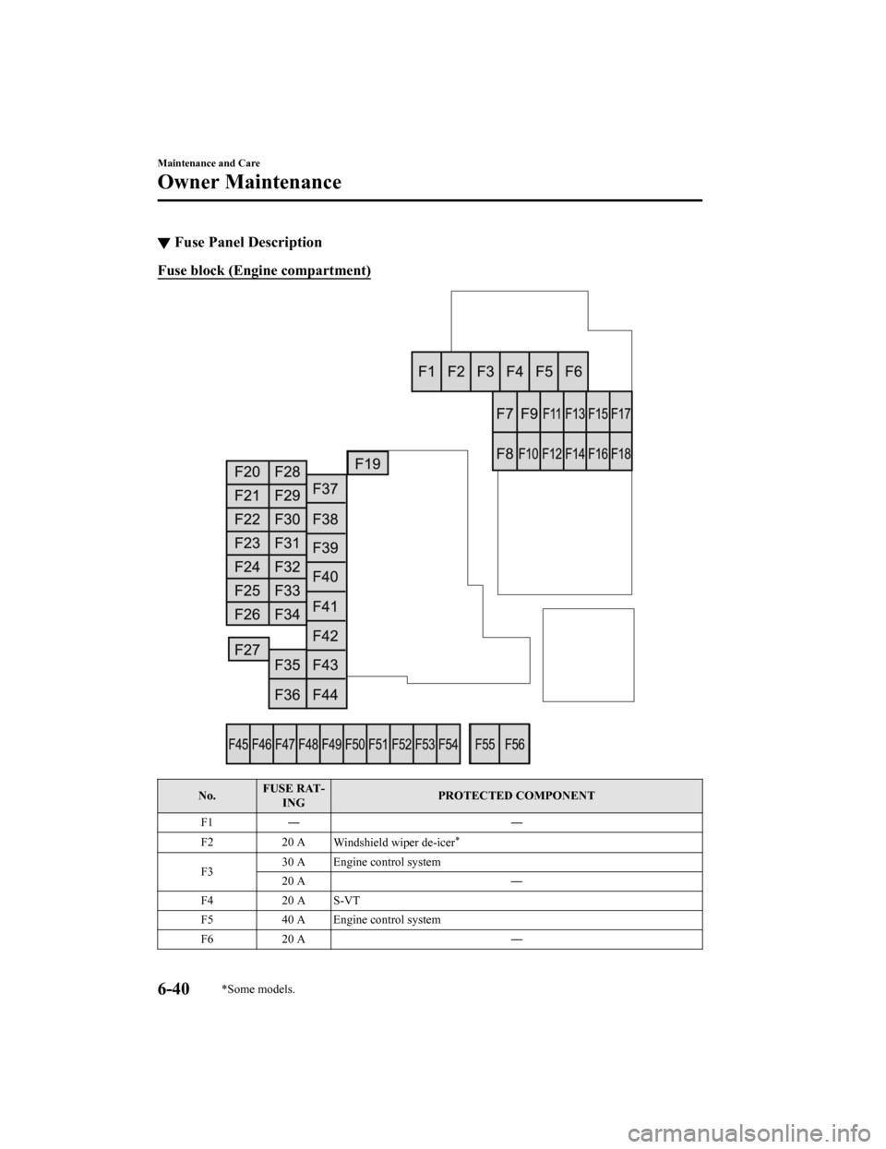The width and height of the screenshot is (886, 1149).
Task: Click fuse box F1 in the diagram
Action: [x=426, y=372]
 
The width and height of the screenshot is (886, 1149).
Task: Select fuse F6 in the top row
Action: [x=573, y=372]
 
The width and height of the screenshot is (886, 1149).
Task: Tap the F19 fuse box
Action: [x=367, y=463]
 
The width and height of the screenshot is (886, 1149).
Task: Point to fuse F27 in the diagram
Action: [x=247, y=650]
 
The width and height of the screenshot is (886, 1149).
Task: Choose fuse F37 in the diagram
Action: [x=326, y=488]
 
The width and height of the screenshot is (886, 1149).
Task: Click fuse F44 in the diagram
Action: [x=326, y=693]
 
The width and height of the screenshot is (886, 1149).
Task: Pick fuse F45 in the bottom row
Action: [x=238, y=744]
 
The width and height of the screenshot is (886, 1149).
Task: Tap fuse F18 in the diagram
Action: [x=621, y=453]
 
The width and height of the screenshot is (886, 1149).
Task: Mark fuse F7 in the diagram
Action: [x=505, y=414]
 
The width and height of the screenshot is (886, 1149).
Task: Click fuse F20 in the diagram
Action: [x=246, y=472]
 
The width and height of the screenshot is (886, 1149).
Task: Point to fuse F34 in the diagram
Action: [x=288, y=614]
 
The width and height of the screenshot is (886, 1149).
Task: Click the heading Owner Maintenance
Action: [x=249, y=182]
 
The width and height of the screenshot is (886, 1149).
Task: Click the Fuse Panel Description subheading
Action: [x=247, y=243]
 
